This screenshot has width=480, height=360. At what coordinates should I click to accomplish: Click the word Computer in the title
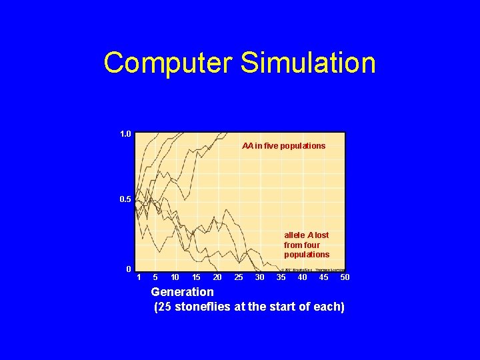(x=167, y=63)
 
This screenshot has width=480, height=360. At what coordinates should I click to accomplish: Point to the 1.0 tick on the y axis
(x=125, y=134)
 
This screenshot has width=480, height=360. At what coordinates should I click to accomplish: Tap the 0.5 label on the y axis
(x=125, y=199)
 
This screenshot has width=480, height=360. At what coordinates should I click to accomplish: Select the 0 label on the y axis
(x=128, y=269)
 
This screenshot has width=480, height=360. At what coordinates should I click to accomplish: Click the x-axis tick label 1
(x=139, y=277)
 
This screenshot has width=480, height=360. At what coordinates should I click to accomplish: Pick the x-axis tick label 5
(x=155, y=277)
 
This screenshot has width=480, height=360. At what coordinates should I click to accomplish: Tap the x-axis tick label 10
(x=175, y=277)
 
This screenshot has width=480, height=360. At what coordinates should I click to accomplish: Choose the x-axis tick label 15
(x=196, y=277)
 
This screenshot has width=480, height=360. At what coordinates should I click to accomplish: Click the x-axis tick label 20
(x=217, y=277)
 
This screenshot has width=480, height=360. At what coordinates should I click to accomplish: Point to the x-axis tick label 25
(x=239, y=277)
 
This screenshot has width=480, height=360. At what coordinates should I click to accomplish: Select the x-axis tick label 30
(x=260, y=277)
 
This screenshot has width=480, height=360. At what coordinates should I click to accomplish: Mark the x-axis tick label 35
(x=281, y=277)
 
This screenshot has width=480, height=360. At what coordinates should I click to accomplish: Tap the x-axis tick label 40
(x=302, y=277)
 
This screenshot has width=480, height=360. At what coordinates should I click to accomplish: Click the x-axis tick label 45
(x=323, y=277)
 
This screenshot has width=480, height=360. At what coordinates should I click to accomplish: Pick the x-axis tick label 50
(x=345, y=277)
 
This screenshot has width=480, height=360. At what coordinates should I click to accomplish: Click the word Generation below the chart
(x=182, y=292)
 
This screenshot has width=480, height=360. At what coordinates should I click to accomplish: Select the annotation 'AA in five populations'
(x=283, y=145)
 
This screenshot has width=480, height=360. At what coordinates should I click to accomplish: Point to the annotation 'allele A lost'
(x=306, y=235)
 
